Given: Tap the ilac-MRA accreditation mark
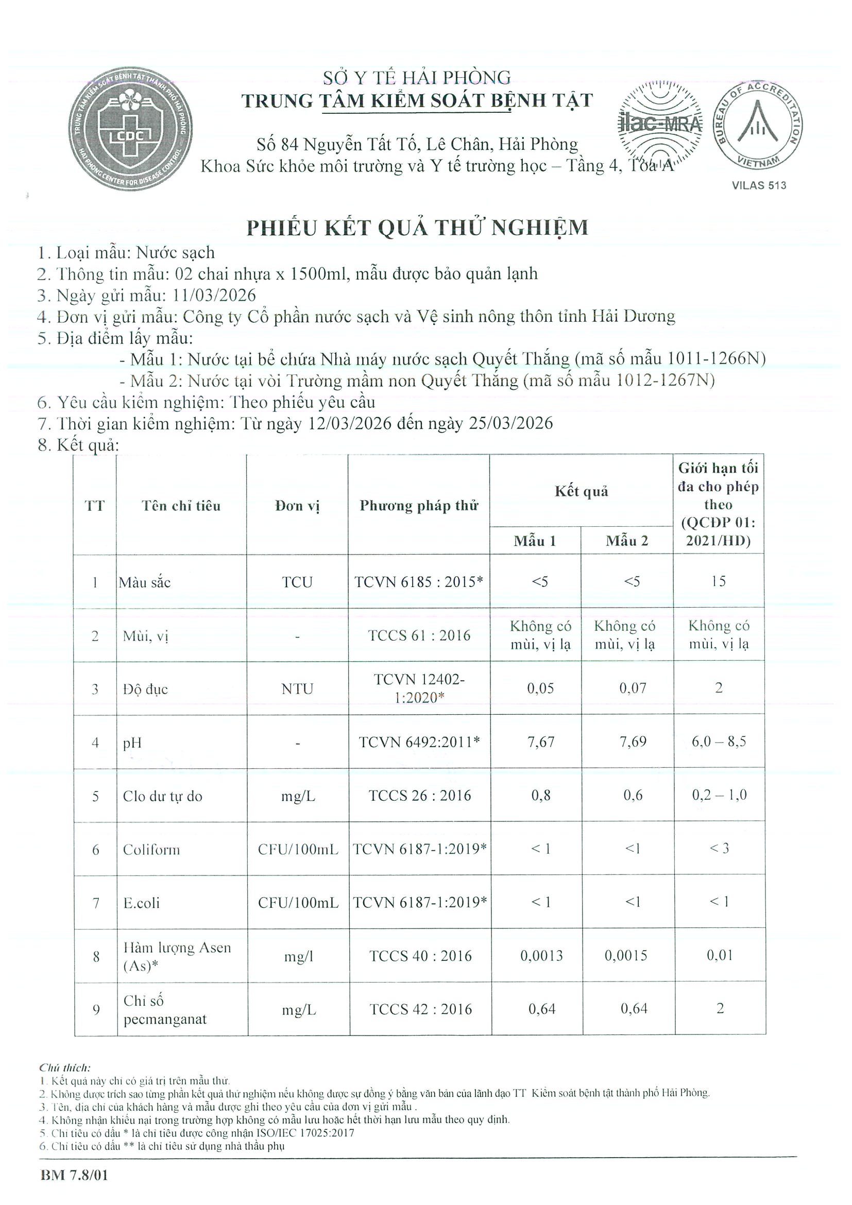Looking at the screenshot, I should click(x=660, y=124).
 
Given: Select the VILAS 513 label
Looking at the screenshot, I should click(x=759, y=185).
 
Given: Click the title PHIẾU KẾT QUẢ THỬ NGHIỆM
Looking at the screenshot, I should click(x=417, y=228).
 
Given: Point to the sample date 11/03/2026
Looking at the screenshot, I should click(x=215, y=295).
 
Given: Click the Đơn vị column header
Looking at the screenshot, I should click(x=297, y=506).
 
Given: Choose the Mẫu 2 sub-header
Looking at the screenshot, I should click(x=627, y=541).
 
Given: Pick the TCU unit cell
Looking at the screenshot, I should click(x=297, y=582).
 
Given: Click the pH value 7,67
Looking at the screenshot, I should click(x=541, y=742).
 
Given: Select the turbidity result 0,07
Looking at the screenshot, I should click(x=633, y=688).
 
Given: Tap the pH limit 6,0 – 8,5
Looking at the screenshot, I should click(x=719, y=742).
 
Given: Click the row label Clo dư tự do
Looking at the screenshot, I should click(x=162, y=796).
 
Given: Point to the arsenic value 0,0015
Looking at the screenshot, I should click(x=626, y=956).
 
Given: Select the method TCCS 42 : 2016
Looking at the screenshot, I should click(x=420, y=1009).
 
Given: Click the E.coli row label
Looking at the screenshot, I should click(x=141, y=903).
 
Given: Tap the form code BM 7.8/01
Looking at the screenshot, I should click(x=74, y=1175).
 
